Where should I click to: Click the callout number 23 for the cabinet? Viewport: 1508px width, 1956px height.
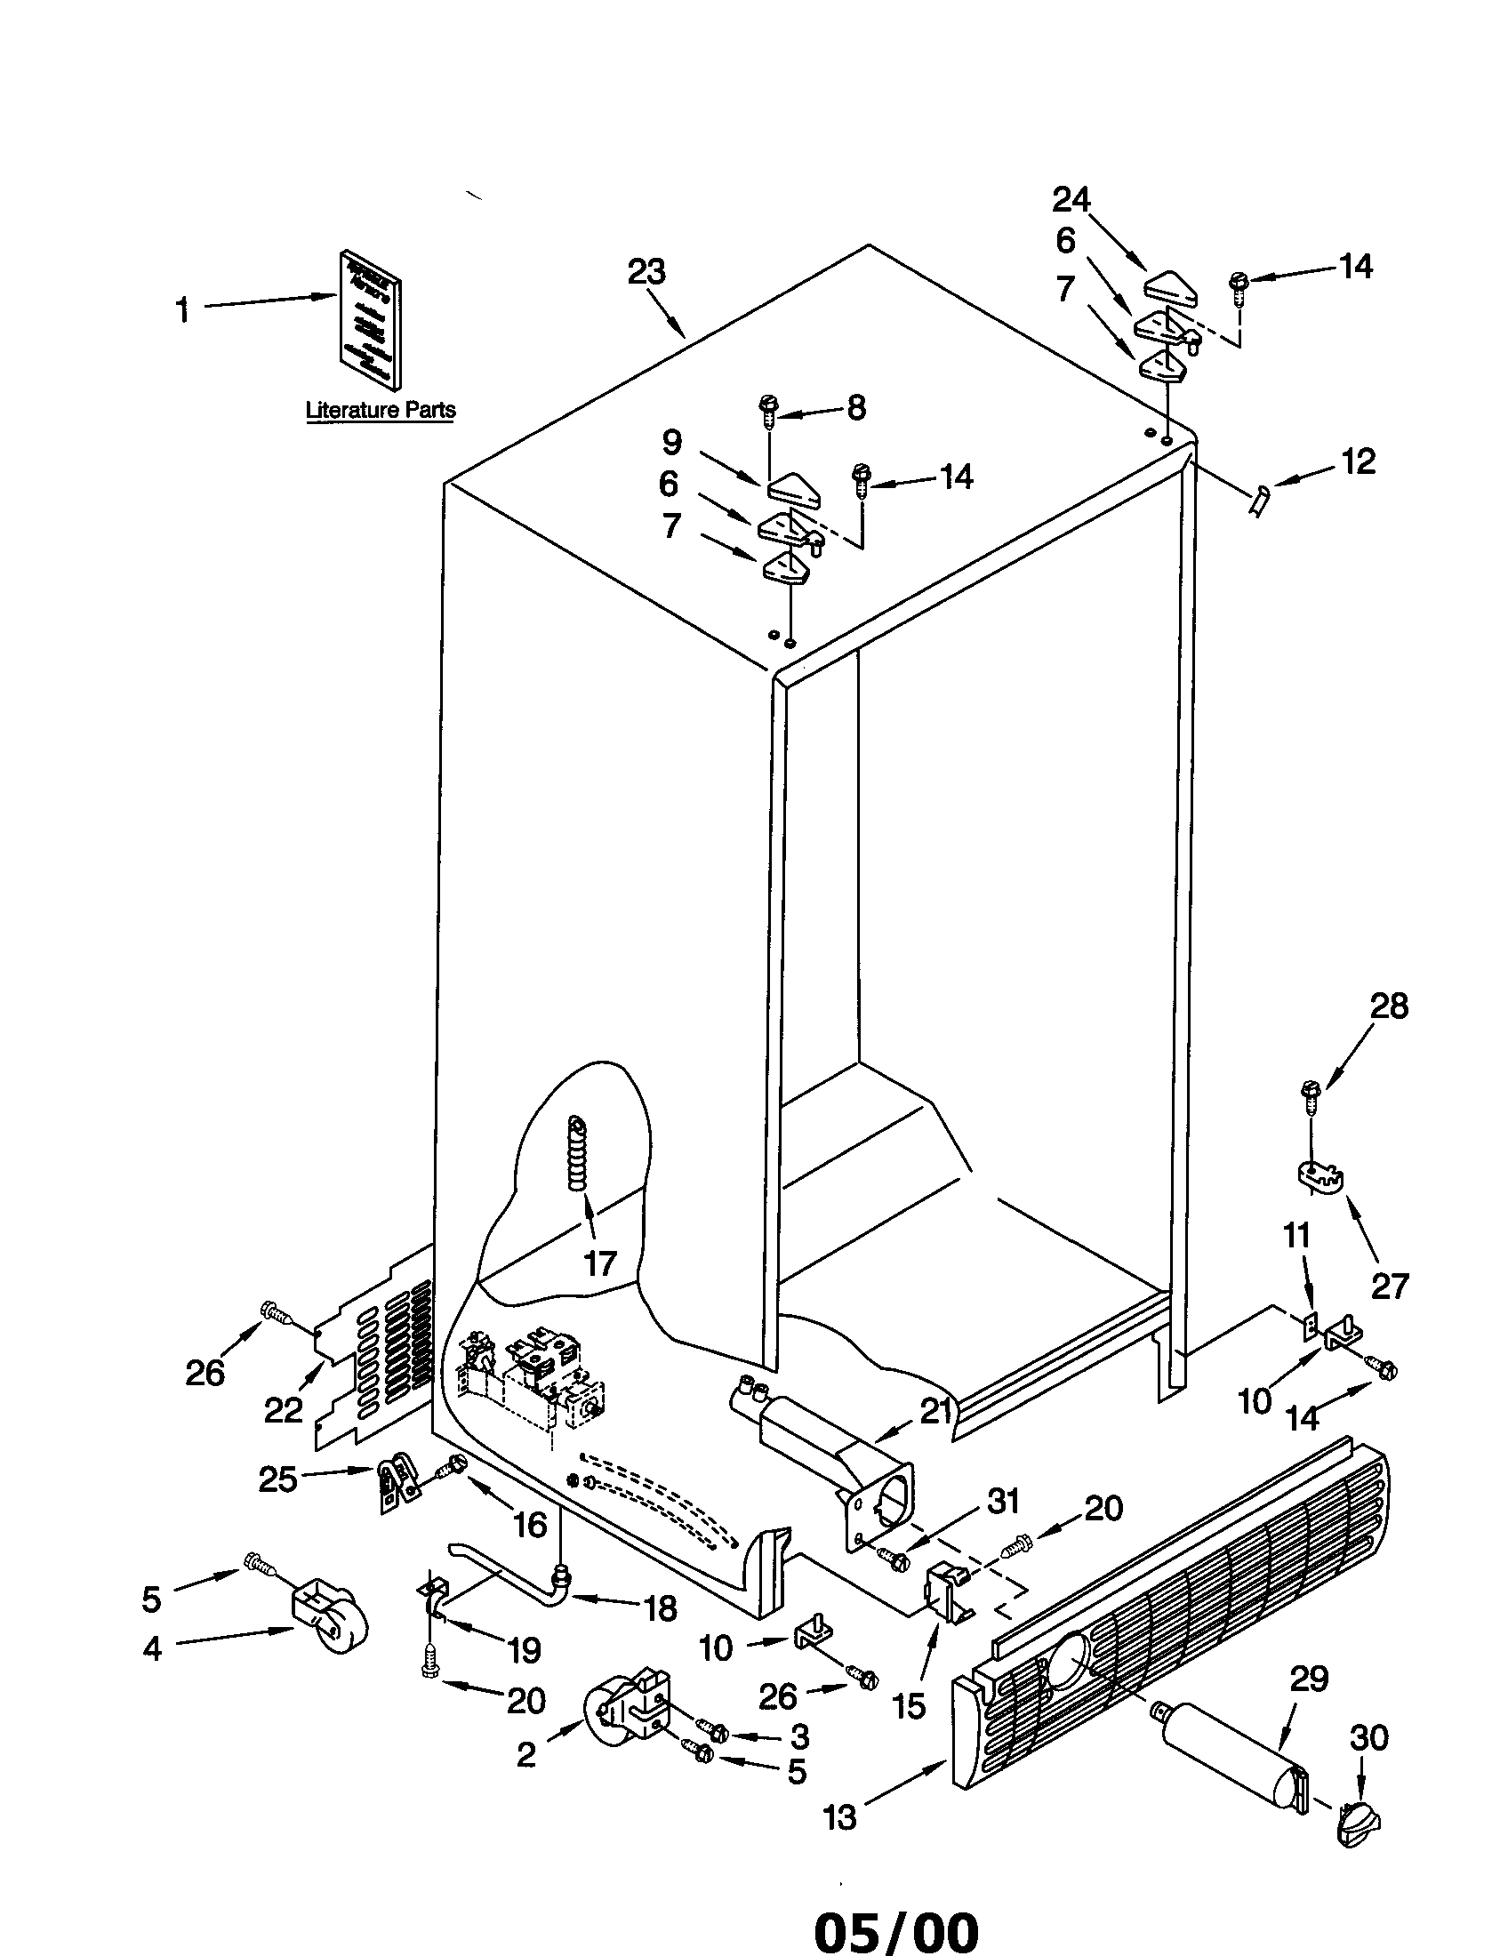pos(646,271)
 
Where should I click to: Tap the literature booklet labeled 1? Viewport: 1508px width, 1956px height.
pos(368,320)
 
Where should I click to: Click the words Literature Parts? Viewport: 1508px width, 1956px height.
pos(381,410)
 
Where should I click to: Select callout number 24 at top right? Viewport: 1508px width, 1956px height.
pos(1071,200)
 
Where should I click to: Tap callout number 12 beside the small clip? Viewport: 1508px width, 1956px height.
pos(1358,462)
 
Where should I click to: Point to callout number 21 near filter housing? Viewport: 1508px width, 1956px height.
pos(935,1413)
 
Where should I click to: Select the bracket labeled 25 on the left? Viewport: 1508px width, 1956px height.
pos(394,1485)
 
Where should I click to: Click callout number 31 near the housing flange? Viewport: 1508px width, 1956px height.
pos(1004,1500)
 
